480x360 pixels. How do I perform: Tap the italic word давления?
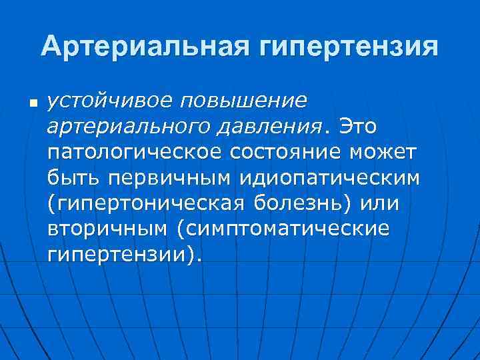point(265,127)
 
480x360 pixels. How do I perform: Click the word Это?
point(359,126)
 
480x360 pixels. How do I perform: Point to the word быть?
point(71,178)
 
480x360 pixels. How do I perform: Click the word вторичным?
point(107,229)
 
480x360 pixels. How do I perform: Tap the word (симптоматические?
point(283,229)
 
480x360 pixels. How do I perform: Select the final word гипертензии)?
point(123,254)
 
